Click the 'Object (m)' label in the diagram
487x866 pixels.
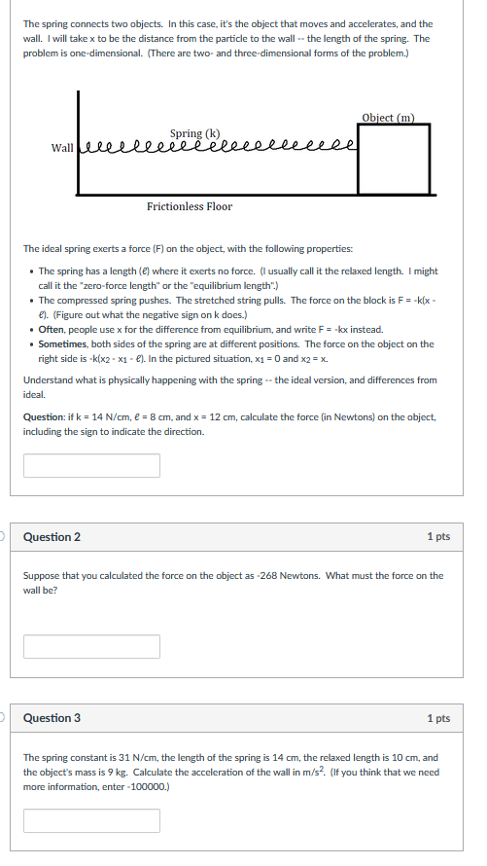point(387,118)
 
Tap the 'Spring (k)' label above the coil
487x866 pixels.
point(194,133)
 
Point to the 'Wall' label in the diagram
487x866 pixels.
point(62,148)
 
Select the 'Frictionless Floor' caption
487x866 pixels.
point(190,206)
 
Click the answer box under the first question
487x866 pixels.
point(91,465)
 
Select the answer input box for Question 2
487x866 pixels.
point(91,645)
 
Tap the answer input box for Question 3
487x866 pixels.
point(91,820)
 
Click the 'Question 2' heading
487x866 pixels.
point(52,537)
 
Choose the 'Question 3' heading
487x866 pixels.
point(52,718)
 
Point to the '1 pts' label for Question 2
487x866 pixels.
point(437,537)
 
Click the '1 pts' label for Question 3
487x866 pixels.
point(437,718)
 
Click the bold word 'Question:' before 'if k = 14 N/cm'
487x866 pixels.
point(45,416)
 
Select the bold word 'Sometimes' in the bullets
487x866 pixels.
point(62,343)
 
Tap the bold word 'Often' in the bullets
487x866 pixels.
point(52,330)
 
